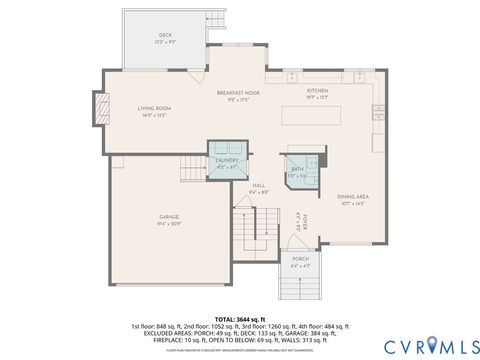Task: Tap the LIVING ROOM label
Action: tap(154, 108)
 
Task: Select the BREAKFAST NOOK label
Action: tap(237, 93)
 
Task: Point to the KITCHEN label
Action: tap(317, 91)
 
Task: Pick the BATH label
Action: tap(297, 170)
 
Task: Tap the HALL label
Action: tap(258, 185)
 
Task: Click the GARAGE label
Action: tap(169, 216)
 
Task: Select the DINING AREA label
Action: tap(352, 197)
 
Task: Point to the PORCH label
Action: tap(301, 260)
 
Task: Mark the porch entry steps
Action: tap(300, 288)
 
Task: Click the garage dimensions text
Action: tap(169, 223)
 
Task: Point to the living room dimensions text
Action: tap(154, 115)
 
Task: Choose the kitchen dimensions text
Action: tap(317, 98)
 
